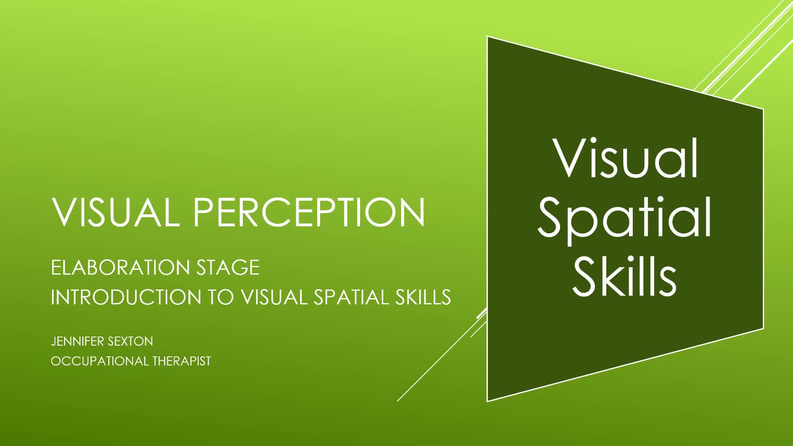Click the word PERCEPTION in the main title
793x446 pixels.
[309, 212]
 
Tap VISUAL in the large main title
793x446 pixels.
[116, 212]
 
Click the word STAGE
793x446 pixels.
[228, 268]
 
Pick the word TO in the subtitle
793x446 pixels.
[220, 297]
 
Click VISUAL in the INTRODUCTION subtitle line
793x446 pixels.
[274, 297]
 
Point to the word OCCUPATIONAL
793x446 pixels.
[100, 361]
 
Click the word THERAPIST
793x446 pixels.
[182, 361]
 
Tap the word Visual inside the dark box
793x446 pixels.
[626, 159]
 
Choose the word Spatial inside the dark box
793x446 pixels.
[624, 221]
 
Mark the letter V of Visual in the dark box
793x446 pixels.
[570, 159]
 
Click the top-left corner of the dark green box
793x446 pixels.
[487, 37]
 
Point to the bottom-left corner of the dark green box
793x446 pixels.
[487, 401]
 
